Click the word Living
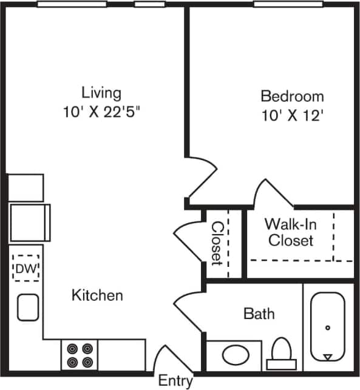point(101,93)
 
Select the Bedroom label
point(292,96)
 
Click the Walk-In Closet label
point(291,232)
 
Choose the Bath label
point(259,314)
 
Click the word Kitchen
point(97,295)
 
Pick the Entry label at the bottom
point(175,381)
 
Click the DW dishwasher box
point(25,267)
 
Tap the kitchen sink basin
point(28,307)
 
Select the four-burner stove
point(81,355)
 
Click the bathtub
point(328,327)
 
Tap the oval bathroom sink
point(234,354)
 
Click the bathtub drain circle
point(328,328)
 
